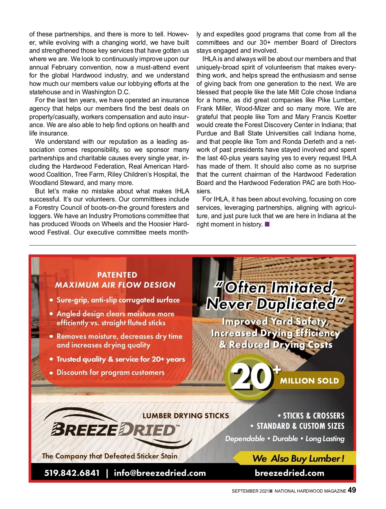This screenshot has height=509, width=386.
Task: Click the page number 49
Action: (x=352, y=490)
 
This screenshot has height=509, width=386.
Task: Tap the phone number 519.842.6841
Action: (x=72, y=473)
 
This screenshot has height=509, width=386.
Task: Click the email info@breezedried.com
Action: (x=160, y=473)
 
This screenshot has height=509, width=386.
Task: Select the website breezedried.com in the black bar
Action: (x=289, y=473)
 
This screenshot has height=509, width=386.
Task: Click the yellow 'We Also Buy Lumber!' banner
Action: (x=298, y=458)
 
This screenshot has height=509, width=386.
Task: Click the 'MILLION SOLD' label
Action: (x=309, y=381)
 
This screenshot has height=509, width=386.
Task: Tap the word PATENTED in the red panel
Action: (x=117, y=275)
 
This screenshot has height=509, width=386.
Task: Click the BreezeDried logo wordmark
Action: (x=114, y=430)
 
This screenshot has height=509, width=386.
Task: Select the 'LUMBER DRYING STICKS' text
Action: (x=186, y=415)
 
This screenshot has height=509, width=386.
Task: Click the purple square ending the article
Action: (x=267, y=224)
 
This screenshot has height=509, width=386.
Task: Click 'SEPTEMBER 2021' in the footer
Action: (x=250, y=491)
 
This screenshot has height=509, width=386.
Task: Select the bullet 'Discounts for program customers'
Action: (x=110, y=372)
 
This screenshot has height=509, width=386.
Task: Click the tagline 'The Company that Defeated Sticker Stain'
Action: (x=110, y=456)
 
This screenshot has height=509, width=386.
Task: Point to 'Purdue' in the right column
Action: (x=207, y=133)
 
